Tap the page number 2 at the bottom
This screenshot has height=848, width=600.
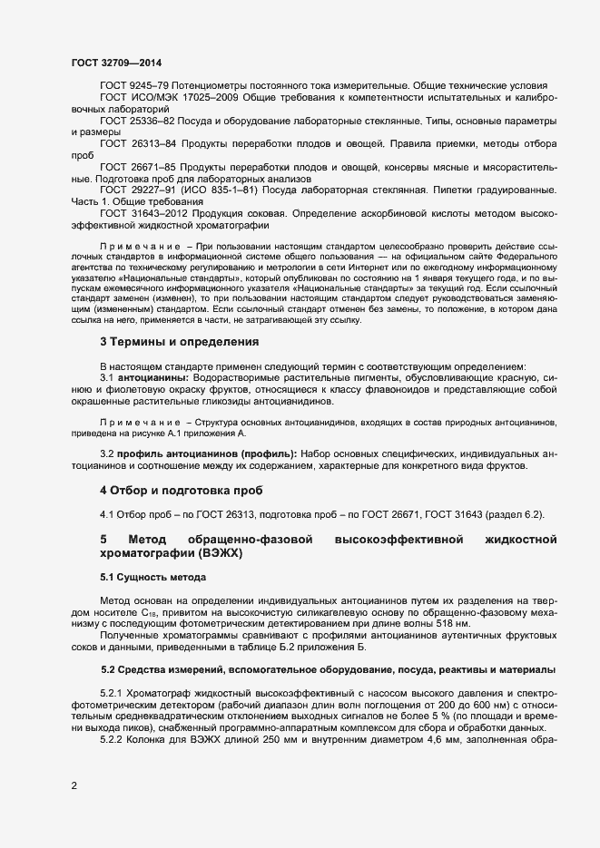pyautogui.click(x=74, y=785)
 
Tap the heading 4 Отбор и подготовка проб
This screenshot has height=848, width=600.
pyautogui.click(x=181, y=490)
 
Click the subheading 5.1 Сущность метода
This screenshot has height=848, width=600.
pyautogui.click(x=152, y=577)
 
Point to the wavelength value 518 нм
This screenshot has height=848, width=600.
pyautogui.click(x=451, y=625)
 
